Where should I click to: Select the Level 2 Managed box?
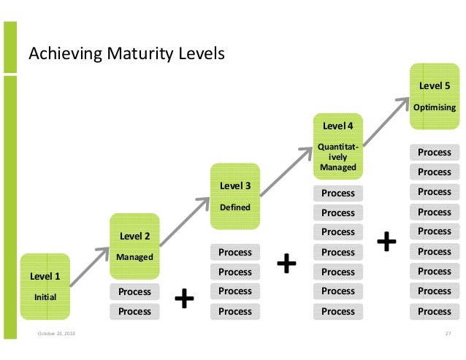pos(134,245)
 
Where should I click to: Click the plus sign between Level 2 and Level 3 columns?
pos(184,297)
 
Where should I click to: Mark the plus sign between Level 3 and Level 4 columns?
pos(287,263)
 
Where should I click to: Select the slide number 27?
pos(448,334)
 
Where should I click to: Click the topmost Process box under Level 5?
pos(434,153)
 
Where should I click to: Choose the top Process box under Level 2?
pos(134,291)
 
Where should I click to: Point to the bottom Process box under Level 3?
pos(235,311)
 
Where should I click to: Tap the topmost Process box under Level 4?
pos(338,194)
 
